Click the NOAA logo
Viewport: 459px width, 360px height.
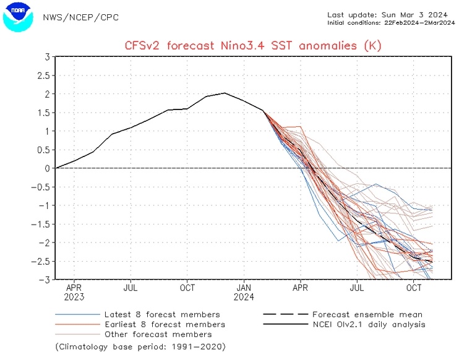point(17,17)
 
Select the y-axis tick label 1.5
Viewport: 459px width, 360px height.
point(43,113)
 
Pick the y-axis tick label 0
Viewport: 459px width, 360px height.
point(47,168)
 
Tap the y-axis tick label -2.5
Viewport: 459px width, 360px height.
point(41,261)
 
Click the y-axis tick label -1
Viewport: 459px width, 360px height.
point(45,205)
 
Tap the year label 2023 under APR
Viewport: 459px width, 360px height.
point(74,297)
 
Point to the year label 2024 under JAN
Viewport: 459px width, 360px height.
point(244,297)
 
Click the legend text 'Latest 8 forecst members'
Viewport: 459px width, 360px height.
point(162,315)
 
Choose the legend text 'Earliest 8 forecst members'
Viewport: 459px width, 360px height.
point(166,324)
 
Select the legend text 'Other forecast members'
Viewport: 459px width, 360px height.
point(158,333)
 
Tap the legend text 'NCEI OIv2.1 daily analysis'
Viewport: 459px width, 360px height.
point(369,324)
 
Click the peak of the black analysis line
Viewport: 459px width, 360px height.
point(225,93)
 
